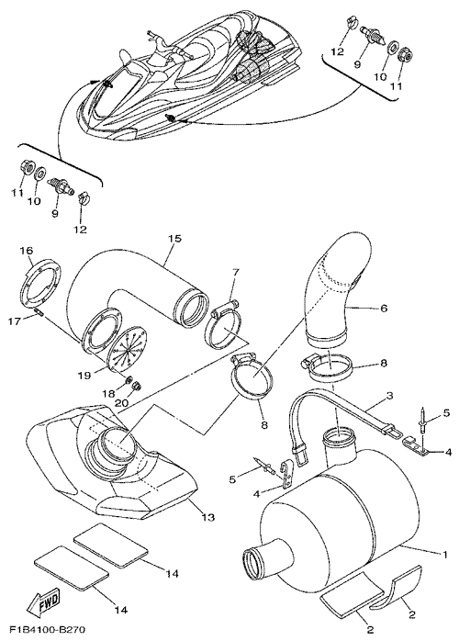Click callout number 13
click(207, 518)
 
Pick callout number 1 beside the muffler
click(444, 555)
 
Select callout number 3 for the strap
click(389, 396)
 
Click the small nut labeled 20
click(138, 386)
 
